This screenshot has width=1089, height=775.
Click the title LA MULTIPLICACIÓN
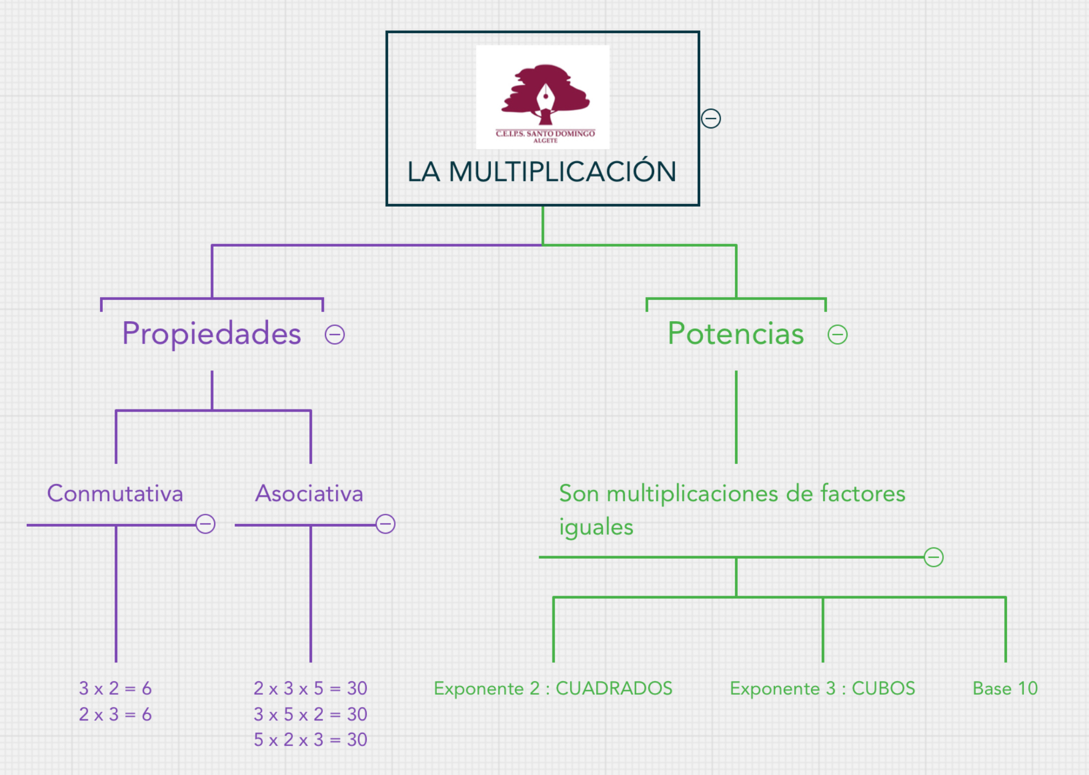(542, 172)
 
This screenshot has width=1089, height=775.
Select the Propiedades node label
(211, 333)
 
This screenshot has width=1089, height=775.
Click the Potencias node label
(736, 333)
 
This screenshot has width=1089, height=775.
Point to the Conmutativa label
(115, 493)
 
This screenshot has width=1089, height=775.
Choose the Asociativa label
(309, 493)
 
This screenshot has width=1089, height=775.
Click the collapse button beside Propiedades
(335, 335)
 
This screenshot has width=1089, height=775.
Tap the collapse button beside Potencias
(837, 335)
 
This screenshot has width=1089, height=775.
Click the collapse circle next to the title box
(711, 118)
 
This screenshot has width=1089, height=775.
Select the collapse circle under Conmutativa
(205, 524)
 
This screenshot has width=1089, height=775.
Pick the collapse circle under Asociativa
(385, 524)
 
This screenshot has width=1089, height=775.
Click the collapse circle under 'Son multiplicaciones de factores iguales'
(933, 557)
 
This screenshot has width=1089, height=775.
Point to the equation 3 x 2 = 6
(115, 688)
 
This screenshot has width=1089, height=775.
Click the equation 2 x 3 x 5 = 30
(311, 688)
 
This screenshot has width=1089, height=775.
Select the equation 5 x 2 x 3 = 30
(311, 740)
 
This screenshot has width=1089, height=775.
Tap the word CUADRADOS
(614, 688)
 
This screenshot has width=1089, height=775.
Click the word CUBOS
(883, 688)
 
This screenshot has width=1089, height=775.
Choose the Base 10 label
(1005, 688)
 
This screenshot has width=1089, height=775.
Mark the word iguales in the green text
(596, 527)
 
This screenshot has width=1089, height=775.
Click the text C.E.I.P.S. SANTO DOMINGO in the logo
(545, 133)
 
